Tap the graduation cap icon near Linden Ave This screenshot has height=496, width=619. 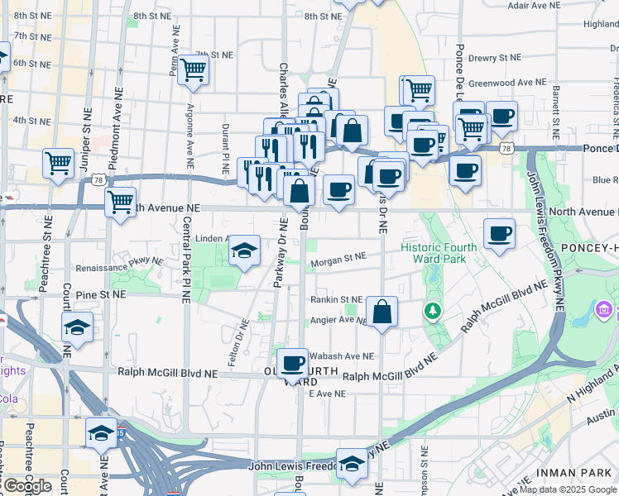click(x=244, y=250)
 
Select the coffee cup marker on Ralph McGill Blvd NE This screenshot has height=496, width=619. click(x=292, y=363)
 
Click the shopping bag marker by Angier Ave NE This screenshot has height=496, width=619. click(x=381, y=312)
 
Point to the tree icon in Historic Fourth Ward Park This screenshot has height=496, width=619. click(x=431, y=311)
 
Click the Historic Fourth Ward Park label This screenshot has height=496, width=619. click(x=439, y=254)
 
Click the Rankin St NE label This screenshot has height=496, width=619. click(x=337, y=300)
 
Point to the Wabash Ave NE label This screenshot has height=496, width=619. click(x=342, y=356)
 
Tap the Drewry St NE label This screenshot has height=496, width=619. click(x=495, y=58)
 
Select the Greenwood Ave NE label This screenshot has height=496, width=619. click(x=507, y=83)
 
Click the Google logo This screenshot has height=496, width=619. click(x=27, y=486)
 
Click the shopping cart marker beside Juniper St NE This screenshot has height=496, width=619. click(x=58, y=163)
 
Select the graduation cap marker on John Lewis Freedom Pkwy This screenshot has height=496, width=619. click(x=352, y=463)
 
